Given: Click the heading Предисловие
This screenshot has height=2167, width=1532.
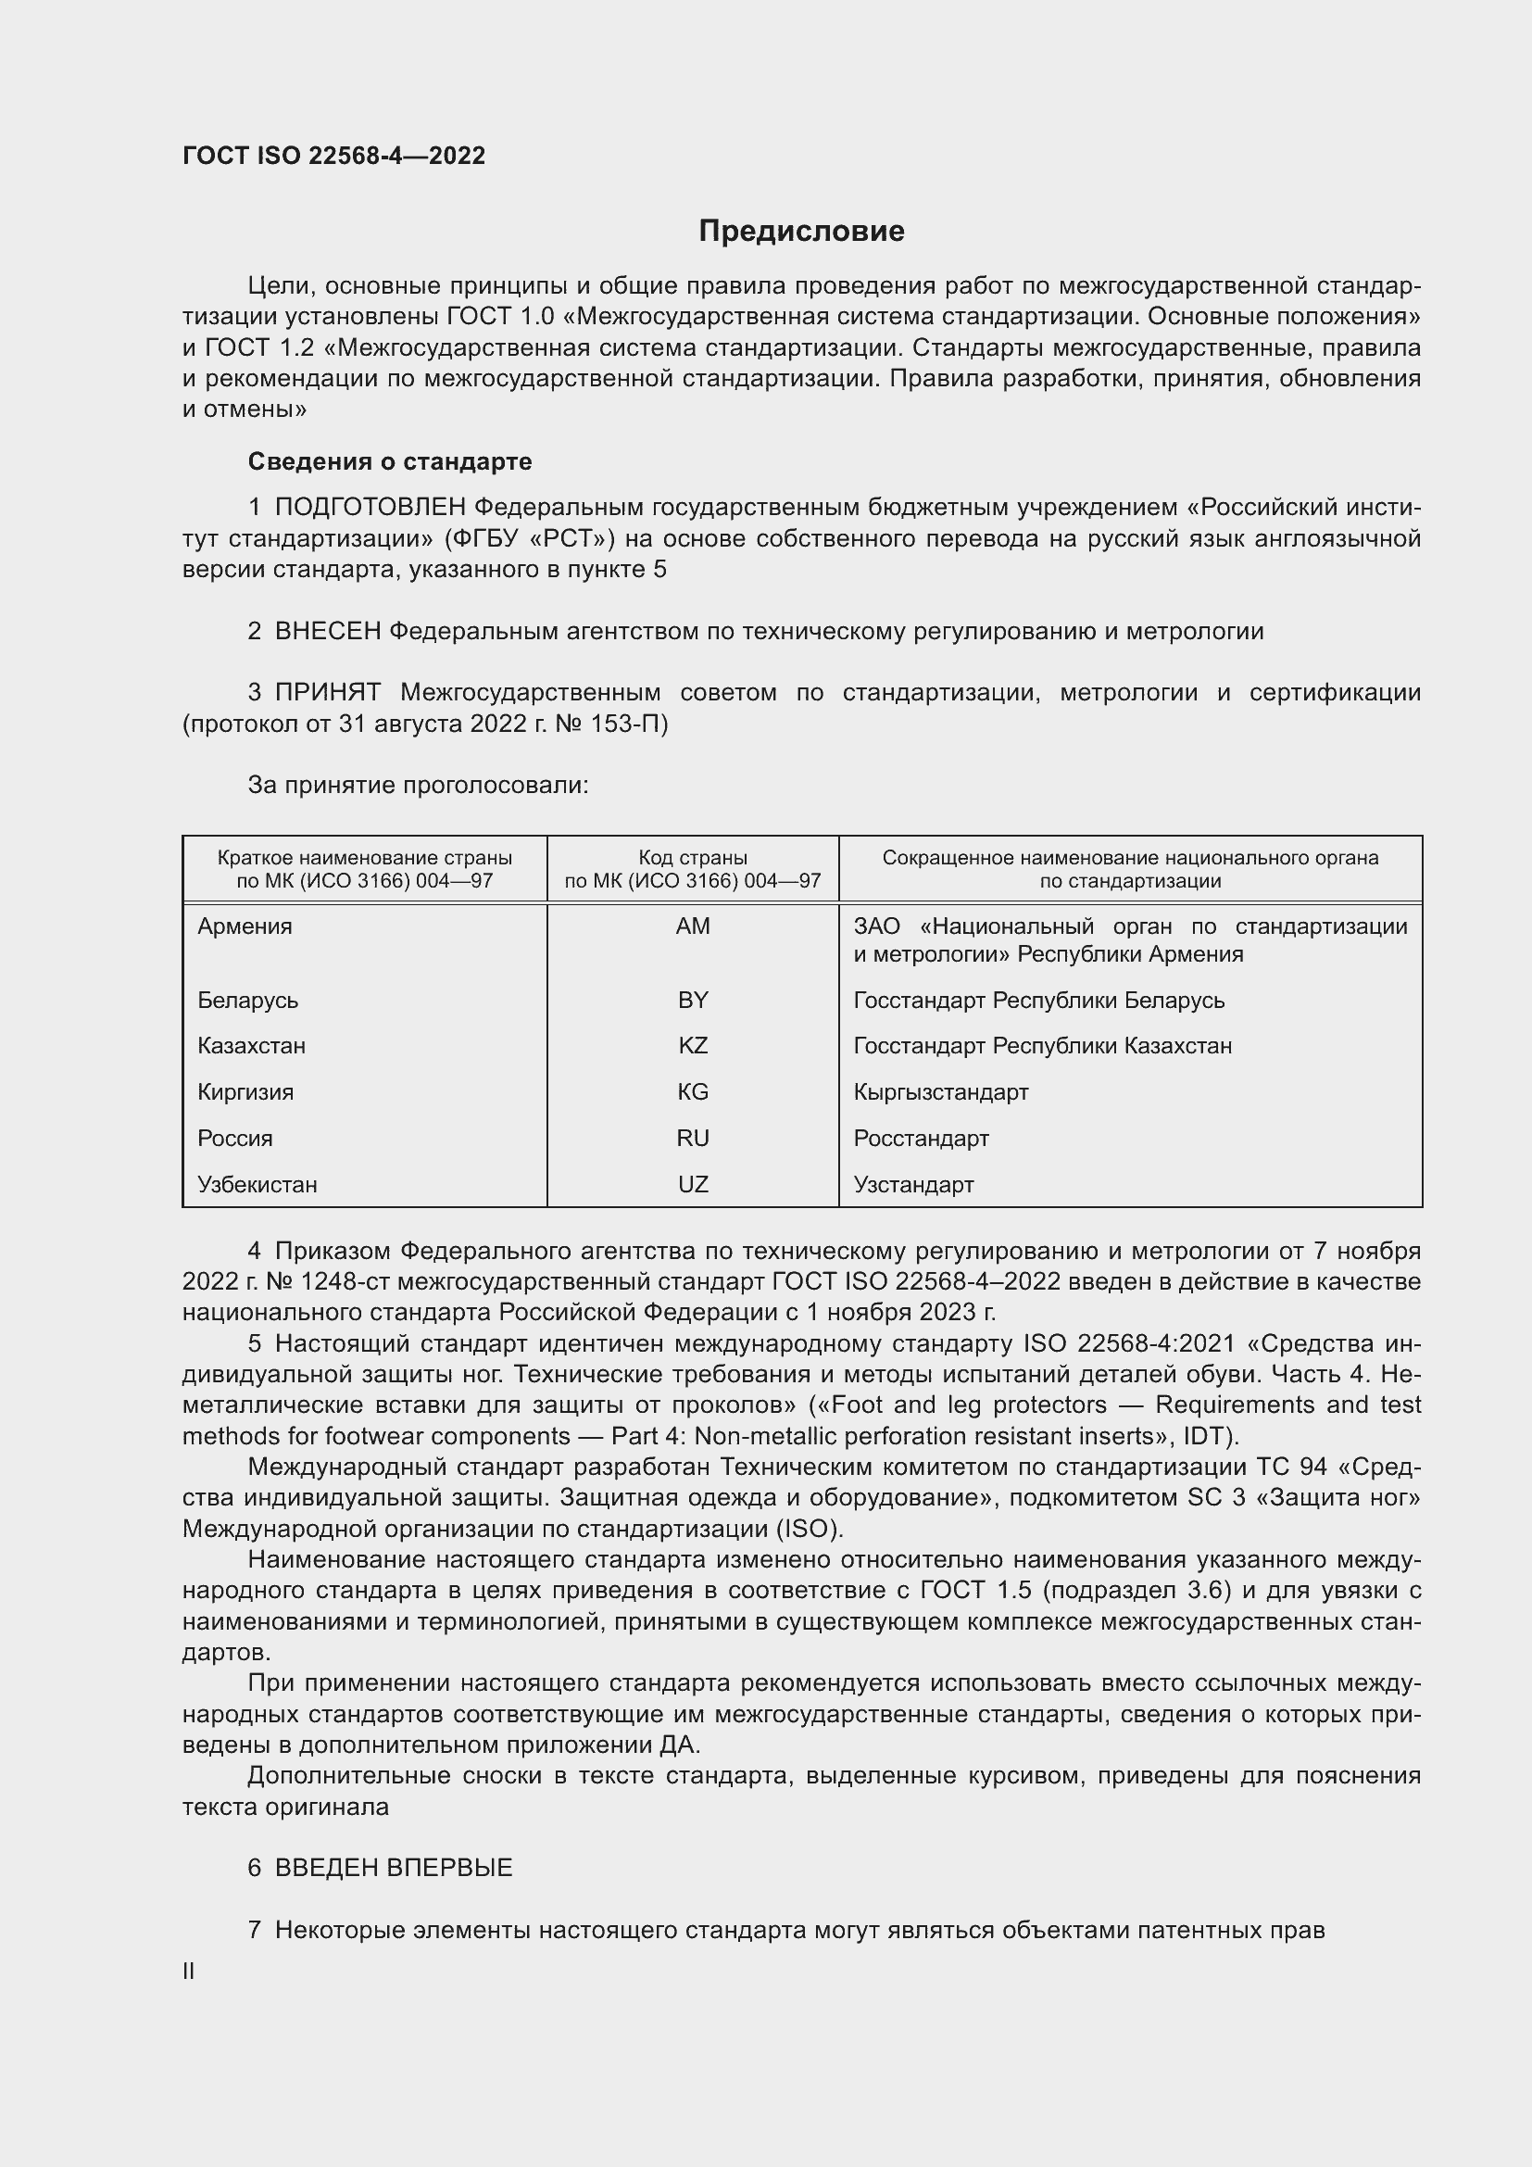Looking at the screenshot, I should pyautogui.click(x=801, y=232).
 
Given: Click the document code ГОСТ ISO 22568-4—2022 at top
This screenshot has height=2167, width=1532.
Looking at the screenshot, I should pyautogui.click(x=334, y=156).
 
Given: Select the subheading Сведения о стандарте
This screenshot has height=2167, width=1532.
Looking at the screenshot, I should pyautogui.click(x=390, y=461).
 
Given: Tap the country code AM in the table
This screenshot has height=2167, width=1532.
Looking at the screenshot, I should pyautogui.click(x=693, y=926).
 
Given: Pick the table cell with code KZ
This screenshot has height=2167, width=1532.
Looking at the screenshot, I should pyautogui.click(x=693, y=1046).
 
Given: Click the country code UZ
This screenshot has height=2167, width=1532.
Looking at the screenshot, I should pyautogui.click(x=693, y=1185).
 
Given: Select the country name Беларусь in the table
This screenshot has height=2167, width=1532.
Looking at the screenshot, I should pyautogui.click(x=248, y=1000).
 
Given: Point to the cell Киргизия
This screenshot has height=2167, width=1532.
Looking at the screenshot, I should pyautogui.click(x=245, y=1092).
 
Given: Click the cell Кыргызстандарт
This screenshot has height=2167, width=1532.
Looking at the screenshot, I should pyautogui.click(x=940, y=1092).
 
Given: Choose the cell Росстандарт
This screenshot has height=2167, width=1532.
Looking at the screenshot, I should pyautogui.click(x=921, y=1139).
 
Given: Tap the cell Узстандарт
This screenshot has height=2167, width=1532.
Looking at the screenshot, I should pyautogui.click(x=913, y=1185).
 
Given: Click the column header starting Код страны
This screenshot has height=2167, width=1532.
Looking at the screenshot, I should pyautogui.click(x=693, y=869).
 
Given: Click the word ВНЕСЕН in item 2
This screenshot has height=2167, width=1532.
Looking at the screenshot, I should pyautogui.click(x=327, y=632).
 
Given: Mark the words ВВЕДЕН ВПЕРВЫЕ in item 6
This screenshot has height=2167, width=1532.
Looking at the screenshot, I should pyautogui.click(x=394, y=1868).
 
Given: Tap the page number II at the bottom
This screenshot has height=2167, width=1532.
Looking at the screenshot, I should pyautogui.click(x=189, y=1971).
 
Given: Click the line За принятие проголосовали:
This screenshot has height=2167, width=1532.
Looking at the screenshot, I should pyautogui.click(x=418, y=786).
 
